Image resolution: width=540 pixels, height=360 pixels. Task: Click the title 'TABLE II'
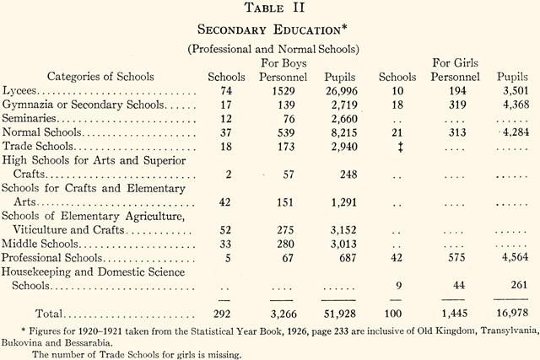coord(270,10)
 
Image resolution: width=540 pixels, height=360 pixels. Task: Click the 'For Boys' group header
coord(284,63)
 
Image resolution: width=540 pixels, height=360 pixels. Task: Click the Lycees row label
coord(20,90)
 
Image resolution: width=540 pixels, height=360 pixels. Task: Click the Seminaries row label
coord(30,119)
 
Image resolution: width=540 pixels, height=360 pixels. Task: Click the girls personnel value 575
coord(456,257)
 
